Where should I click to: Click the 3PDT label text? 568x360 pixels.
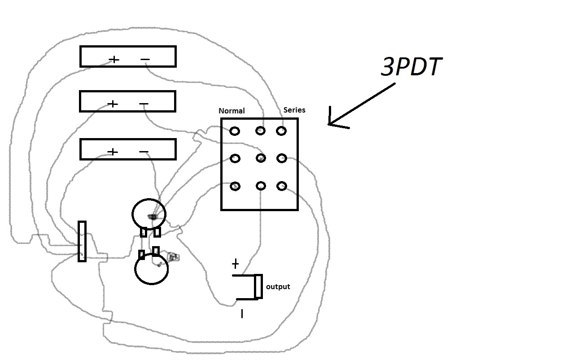411,67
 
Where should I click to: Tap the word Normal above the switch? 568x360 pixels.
232,111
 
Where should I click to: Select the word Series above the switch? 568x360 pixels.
294,110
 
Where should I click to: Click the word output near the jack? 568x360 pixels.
278,286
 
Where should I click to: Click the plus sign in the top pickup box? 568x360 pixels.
114,59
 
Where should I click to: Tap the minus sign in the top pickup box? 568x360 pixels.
145,59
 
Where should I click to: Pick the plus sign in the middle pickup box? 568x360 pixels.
113,104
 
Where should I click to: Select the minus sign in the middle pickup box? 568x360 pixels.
144,104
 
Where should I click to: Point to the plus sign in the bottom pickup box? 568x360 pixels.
113,152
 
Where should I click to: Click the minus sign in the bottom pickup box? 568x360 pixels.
144,152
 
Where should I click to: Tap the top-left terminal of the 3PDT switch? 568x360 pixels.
235,131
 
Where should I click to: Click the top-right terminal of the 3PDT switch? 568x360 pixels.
281,131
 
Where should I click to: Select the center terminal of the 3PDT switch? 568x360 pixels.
260,158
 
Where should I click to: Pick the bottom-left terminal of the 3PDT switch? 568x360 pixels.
235,186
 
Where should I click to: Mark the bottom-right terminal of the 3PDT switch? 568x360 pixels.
282,186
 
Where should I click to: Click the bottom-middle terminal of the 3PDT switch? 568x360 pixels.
260,186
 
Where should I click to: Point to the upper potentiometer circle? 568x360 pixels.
149,213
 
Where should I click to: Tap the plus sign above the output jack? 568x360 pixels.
235,264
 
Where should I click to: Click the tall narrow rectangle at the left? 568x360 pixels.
82,241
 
